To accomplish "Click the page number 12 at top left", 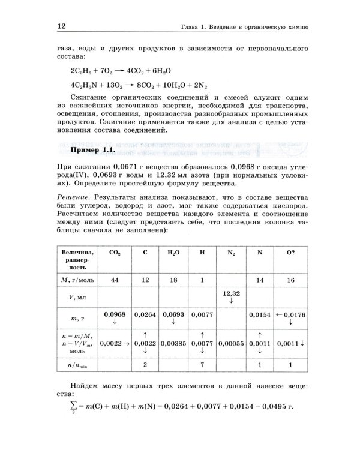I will point(62,26).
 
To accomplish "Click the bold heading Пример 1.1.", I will point(92,149).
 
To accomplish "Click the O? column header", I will point(290,253).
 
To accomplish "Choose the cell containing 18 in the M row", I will point(173,280).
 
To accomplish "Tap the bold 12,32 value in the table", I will point(231,293).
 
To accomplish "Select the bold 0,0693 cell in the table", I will point(173,314).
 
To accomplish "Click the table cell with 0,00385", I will point(173,344).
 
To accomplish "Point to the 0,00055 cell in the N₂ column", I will point(231,344).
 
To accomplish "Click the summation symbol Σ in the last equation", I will point(74,406).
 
